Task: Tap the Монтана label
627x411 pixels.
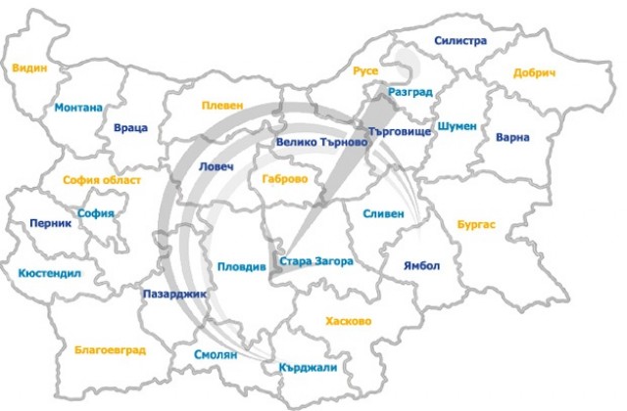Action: [x=78, y=108]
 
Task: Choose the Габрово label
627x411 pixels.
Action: [x=285, y=180]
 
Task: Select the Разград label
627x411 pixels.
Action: [x=410, y=91]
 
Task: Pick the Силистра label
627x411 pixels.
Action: [x=459, y=41]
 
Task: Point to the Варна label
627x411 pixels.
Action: [x=512, y=137]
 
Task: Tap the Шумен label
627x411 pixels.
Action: [x=458, y=126]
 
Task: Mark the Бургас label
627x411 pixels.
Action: [x=476, y=224]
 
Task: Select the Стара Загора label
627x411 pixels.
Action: [x=315, y=261]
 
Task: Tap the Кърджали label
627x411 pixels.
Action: [x=307, y=366]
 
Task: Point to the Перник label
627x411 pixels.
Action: [x=51, y=222]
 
